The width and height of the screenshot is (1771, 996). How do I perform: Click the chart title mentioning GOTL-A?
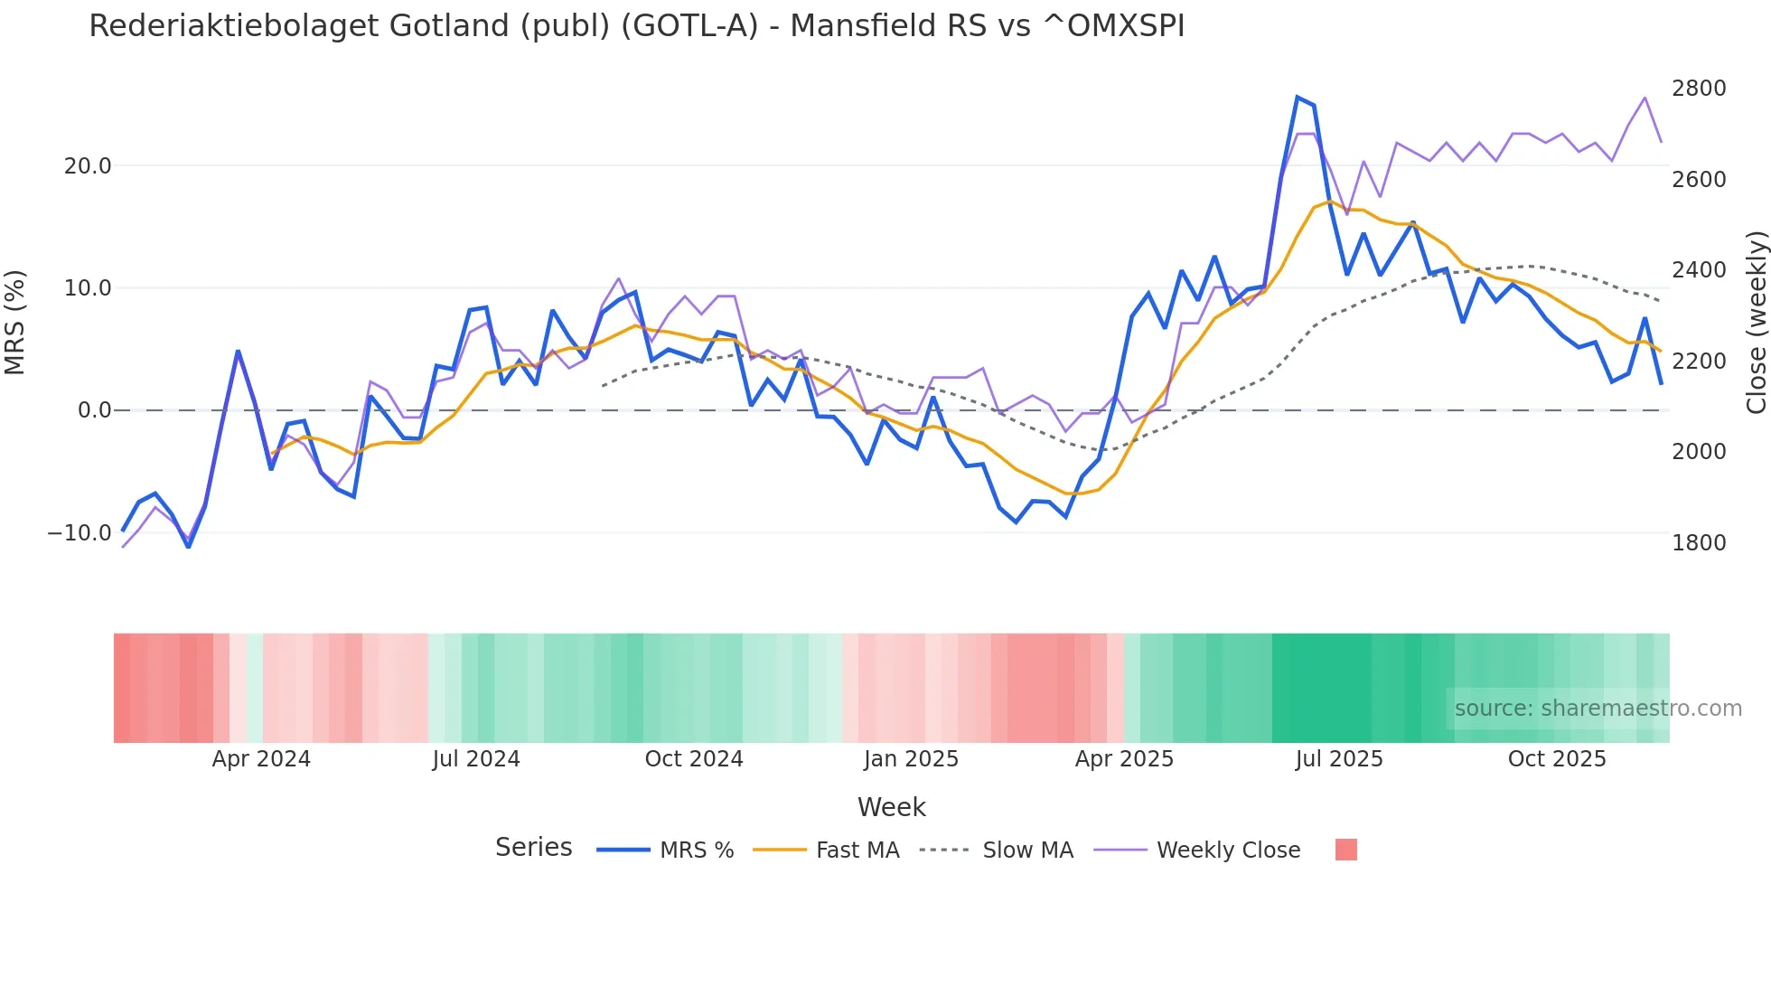[x=636, y=25]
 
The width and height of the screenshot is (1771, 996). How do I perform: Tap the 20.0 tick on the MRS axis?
[x=88, y=166]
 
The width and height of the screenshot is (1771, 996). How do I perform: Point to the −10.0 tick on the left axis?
[x=80, y=533]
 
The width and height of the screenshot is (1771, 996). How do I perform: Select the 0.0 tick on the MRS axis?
[x=95, y=410]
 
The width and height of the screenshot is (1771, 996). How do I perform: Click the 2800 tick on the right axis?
[x=1699, y=89]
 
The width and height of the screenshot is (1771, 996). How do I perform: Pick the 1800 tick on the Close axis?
[x=1699, y=542]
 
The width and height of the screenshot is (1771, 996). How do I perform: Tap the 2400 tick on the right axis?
[x=1699, y=270]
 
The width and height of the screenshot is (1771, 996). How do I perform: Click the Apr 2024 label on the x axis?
[x=261, y=759]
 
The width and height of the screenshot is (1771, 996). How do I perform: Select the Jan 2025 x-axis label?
[x=911, y=759]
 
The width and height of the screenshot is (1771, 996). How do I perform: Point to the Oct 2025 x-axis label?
[x=1557, y=759]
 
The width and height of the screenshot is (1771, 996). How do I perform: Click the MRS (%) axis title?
[x=15, y=322]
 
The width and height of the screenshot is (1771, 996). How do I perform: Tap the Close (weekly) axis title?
[x=1756, y=323]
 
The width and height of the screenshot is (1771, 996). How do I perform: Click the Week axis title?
[x=891, y=807]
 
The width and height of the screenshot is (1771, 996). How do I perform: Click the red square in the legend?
[x=1345, y=850]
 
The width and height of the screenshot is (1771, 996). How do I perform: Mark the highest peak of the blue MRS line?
[x=1298, y=98]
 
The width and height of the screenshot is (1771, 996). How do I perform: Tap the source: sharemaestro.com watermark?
[x=1598, y=709]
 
